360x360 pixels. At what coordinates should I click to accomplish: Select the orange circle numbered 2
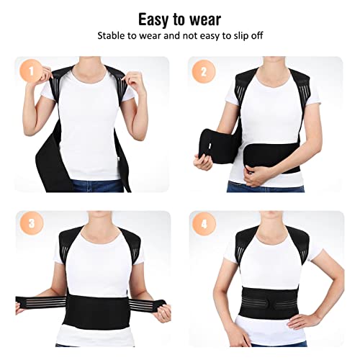204,72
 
